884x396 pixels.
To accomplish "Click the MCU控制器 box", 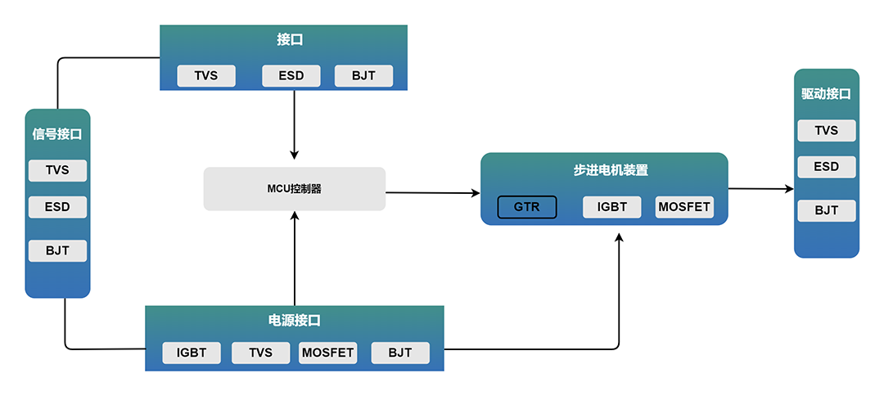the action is (x=295, y=189).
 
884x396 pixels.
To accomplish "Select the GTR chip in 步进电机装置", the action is (x=526, y=207).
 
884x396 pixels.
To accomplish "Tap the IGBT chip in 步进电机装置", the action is (x=611, y=207).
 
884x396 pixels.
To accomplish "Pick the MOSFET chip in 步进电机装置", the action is (x=684, y=207).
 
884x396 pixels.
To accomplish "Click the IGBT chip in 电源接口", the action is (x=192, y=353).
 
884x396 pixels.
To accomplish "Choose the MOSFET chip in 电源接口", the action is (x=327, y=353).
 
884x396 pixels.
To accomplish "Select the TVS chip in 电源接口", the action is (x=260, y=353).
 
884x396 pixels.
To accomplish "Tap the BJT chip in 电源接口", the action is (x=400, y=353).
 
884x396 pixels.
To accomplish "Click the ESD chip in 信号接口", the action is (x=57, y=207).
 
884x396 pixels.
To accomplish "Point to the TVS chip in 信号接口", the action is (x=57, y=170).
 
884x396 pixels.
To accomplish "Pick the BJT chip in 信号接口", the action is (x=57, y=250).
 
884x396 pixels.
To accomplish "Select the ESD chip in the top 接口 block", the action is (x=291, y=75).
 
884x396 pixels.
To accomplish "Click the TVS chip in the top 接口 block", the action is (x=206, y=75).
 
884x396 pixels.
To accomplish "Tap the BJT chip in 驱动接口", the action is (x=827, y=210).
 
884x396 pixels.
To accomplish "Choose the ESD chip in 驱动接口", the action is (x=827, y=167).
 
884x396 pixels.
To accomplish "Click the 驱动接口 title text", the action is (x=826, y=95).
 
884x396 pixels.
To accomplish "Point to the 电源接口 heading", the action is (x=295, y=321).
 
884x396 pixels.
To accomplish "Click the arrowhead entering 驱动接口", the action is (x=790, y=189).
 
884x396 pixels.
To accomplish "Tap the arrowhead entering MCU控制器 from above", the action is (x=294, y=155).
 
